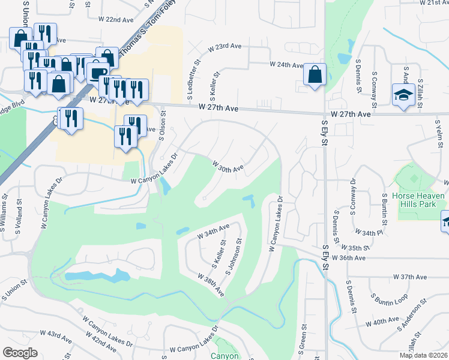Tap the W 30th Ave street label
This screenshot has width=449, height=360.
[228, 165]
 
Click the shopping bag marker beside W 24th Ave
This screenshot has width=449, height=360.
[315, 75]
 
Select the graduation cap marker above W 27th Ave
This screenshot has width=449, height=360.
[403, 95]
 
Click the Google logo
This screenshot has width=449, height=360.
[20, 352]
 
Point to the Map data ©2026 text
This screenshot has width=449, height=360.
[423, 355]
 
